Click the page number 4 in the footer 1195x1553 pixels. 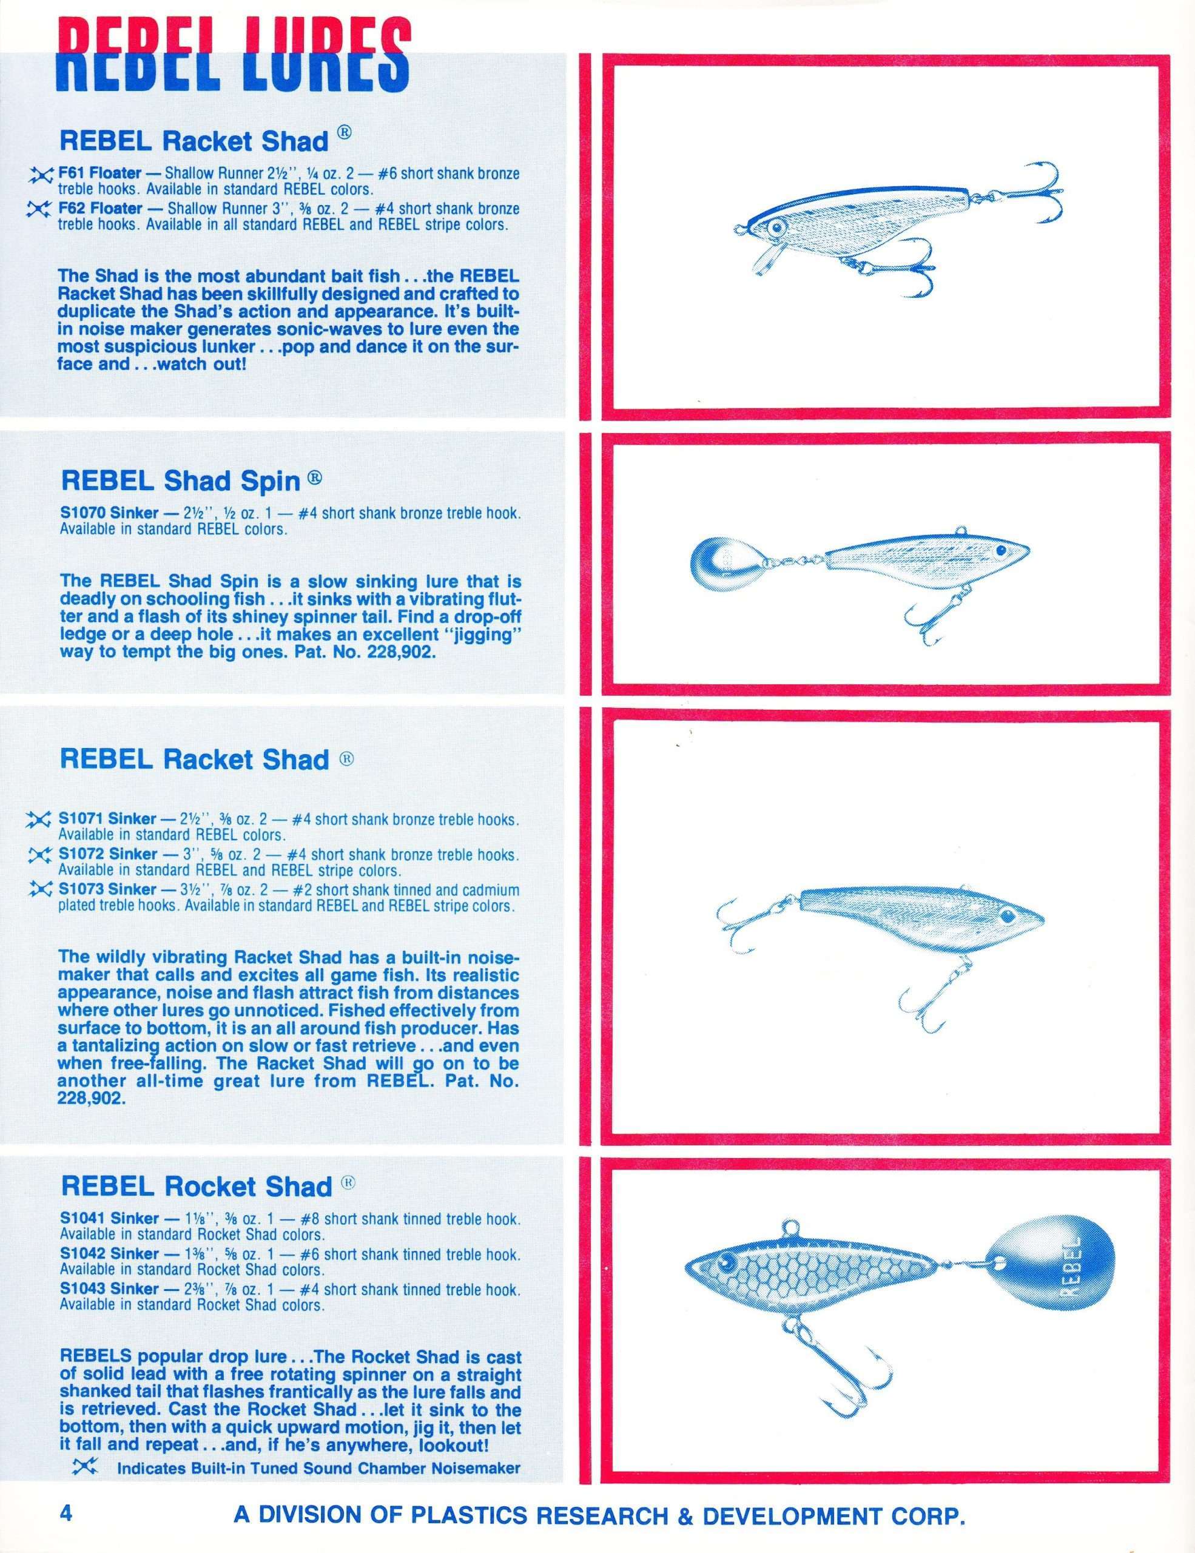[67, 1512]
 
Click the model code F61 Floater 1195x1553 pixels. [100, 173]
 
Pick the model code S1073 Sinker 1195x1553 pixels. [107, 889]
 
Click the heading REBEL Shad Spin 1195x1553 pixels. [181, 482]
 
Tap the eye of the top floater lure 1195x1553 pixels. [777, 229]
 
